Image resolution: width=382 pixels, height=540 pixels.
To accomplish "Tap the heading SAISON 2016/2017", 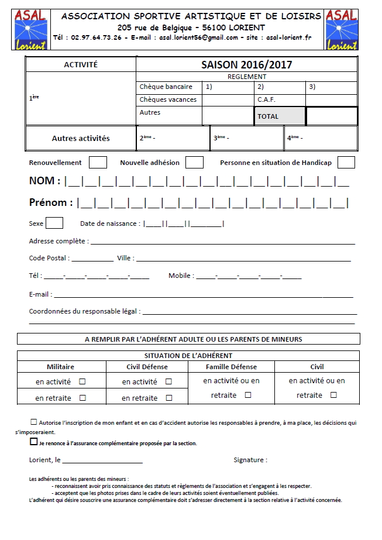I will pyautogui.click(x=246, y=65).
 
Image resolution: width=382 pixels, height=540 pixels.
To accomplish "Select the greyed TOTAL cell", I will pyautogui.click(x=280, y=116).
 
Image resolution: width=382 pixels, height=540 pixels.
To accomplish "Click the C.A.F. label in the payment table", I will pyautogui.click(x=266, y=99).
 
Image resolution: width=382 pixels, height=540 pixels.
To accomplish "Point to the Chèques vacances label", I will pyautogui.click(x=168, y=99).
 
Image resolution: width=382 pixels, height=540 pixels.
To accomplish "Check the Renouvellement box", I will pyautogui.click(x=98, y=162).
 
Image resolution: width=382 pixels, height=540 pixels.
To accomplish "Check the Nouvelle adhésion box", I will pyautogui.click(x=194, y=162).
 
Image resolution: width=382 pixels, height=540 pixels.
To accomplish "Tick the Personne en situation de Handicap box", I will pyautogui.click(x=346, y=162).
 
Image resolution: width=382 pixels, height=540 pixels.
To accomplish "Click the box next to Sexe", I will pyautogui.click(x=54, y=223).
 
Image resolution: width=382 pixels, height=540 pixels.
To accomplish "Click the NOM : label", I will pyautogui.click(x=44, y=181).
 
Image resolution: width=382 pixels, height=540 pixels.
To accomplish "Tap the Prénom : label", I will pyautogui.click(x=51, y=203).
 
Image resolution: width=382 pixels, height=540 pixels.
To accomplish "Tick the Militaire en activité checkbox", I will pyautogui.click(x=82, y=381).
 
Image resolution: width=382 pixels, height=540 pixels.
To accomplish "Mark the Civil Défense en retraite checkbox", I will pyautogui.click(x=169, y=398).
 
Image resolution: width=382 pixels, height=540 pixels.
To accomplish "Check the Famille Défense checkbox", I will pyautogui.click(x=248, y=395).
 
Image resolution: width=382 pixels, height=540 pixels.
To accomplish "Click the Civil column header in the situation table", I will pyautogui.click(x=316, y=367).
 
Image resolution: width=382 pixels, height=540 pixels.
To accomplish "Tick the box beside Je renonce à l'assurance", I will pyautogui.click(x=34, y=442).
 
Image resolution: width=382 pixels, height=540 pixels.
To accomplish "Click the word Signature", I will pyautogui.click(x=250, y=460).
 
